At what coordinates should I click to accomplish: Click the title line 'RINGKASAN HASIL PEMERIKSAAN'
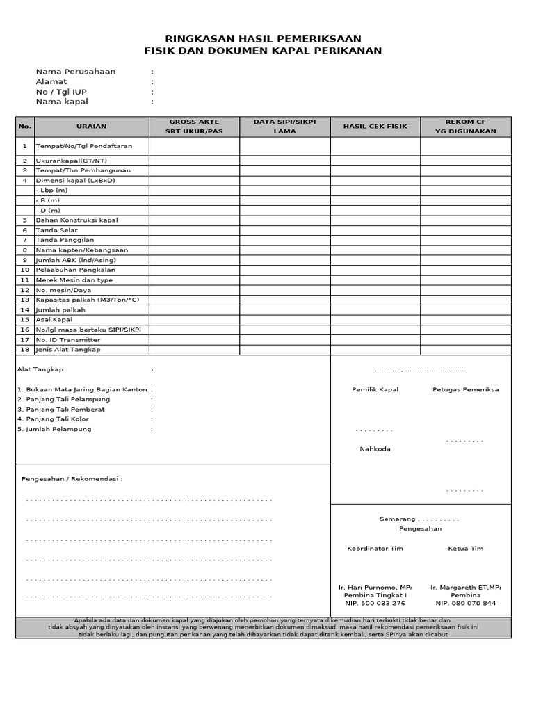point(263,39)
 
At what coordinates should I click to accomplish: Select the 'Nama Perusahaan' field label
point(76,72)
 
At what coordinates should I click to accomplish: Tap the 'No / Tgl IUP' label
point(61,92)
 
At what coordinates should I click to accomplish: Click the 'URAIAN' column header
point(91,127)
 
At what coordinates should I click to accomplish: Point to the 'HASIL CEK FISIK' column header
point(375,127)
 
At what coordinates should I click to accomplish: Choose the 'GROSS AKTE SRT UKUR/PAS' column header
point(194,127)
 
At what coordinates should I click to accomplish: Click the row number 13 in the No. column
point(25,300)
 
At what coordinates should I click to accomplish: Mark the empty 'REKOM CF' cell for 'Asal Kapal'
point(465,320)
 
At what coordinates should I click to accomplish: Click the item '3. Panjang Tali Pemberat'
point(61,410)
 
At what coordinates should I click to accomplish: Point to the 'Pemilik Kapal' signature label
point(375,389)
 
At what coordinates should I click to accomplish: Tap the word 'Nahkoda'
point(375,448)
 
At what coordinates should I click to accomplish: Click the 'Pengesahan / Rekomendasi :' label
point(72,479)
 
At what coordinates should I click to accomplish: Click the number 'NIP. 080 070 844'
point(465,604)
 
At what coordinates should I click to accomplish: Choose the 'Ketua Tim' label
point(465,549)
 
